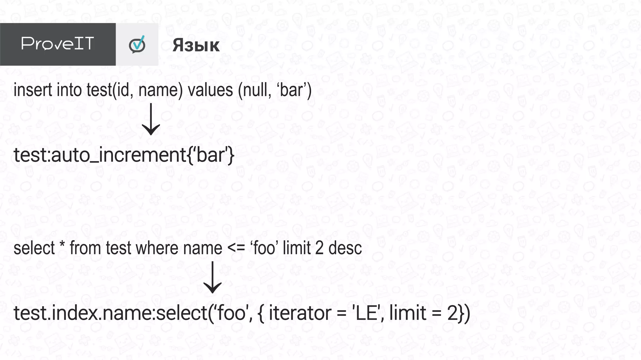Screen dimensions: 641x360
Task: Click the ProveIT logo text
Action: (58, 43)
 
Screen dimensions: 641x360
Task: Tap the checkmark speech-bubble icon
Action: (137, 44)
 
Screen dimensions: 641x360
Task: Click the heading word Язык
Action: (196, 45)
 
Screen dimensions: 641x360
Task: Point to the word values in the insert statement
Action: (210, 90)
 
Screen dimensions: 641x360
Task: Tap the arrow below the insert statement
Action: (151, 119)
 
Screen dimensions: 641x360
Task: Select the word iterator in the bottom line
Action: (300, 313)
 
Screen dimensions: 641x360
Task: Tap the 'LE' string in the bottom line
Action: (367, 313)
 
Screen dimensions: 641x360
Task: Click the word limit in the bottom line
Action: (408, 313)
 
